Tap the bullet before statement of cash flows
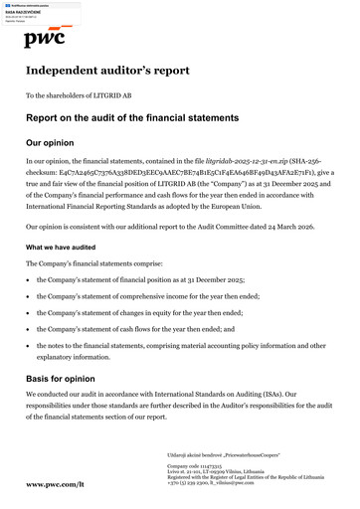(29, 326)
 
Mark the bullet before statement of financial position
(29, 280)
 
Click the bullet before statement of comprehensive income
(29, 296)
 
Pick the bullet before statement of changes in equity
(29, 311)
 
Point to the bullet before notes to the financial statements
(29, 342)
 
